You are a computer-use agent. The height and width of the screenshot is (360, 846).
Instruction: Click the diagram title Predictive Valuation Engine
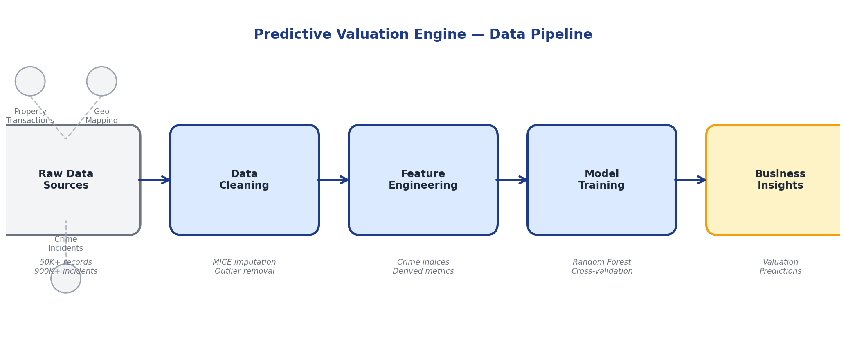click(x=423, y=35)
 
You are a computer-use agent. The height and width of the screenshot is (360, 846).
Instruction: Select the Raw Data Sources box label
click(x=66, y=180)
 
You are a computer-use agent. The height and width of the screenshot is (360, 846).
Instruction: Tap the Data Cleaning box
click(x=244, y=180)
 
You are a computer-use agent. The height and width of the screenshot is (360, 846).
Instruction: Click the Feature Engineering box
click(x=423, y=180)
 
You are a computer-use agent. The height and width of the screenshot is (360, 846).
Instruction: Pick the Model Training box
click(x=601, y=180)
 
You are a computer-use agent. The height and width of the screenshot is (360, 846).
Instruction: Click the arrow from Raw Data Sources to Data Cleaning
click(x=155, y=180)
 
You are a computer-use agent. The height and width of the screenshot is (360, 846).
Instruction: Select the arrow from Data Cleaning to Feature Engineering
click(x=333, y=180)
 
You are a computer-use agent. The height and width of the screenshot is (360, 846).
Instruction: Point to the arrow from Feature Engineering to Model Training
click(x=512, y=180)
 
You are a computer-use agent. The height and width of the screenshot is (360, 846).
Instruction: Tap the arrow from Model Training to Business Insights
click(x=691, y=180)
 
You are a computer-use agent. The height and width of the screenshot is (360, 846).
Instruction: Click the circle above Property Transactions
click(x=30, y=81)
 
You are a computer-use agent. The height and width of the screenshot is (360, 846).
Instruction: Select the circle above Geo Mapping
click(x=101, y=81)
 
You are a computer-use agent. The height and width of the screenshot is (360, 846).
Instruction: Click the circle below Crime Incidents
click(x=66, y=279)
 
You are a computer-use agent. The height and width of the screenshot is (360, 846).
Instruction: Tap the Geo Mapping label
click(x=101, y=116)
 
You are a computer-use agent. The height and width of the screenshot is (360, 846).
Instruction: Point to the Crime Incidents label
click(x=66, y=244)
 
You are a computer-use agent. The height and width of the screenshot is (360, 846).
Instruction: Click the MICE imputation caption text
click(x=244, y=262)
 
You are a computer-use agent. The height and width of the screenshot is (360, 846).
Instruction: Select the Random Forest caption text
click(x=602, y=262)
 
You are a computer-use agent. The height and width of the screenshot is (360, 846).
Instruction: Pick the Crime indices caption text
click(x=423, y=262)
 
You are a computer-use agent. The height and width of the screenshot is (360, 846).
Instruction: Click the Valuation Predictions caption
click(x=780, y=267)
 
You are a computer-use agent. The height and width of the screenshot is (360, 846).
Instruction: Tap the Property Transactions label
click(x=30, y=116)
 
